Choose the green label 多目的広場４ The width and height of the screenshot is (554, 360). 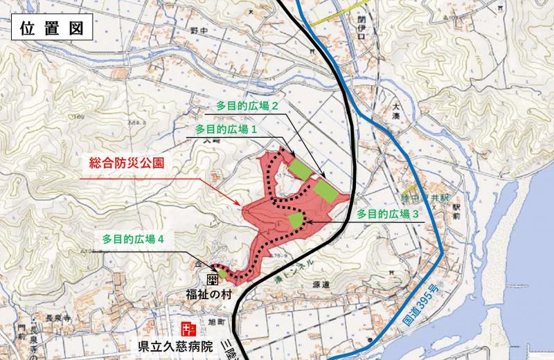[x=133, y=238]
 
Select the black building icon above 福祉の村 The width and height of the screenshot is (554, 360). [x=213, y=279]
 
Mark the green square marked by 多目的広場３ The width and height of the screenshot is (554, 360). [x=296, y=221]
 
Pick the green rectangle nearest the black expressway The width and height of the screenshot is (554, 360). [x=324, y=189]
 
